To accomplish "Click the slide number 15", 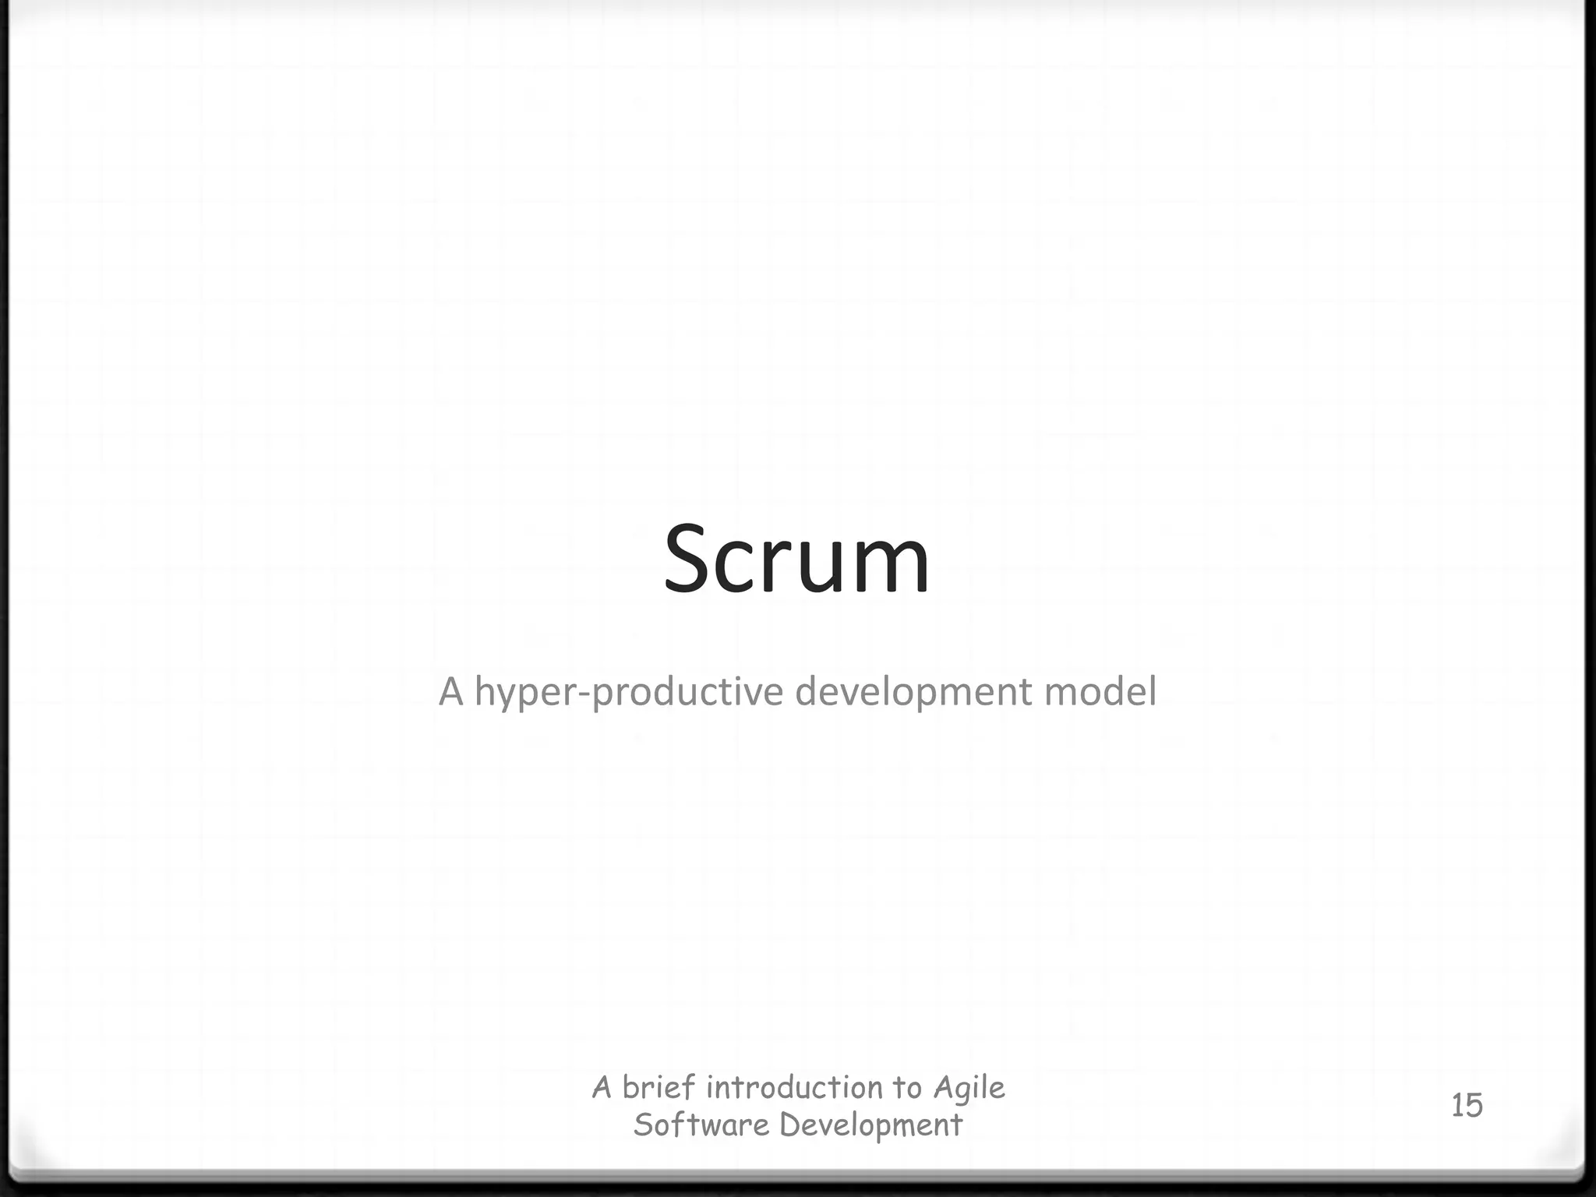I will coord(1466,1106).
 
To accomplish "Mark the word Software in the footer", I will coord(701,1125).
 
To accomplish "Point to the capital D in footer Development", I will coord(789,1125).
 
